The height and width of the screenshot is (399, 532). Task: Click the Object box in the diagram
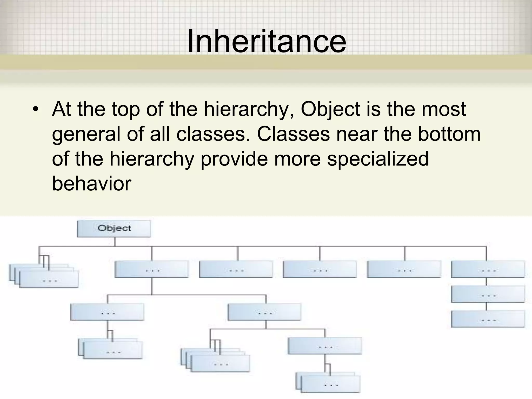tap(114, 229)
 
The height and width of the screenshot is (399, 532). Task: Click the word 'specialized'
tap(378, 159)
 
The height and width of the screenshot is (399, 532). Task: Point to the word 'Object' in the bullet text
tap(330, 109)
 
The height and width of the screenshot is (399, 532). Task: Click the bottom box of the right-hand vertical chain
tap(488, 319)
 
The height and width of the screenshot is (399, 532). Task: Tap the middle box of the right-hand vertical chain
tap(488, 294)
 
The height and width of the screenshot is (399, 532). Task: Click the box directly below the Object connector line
tap(151, 269)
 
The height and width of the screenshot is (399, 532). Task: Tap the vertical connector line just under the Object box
tap(115, 242)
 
